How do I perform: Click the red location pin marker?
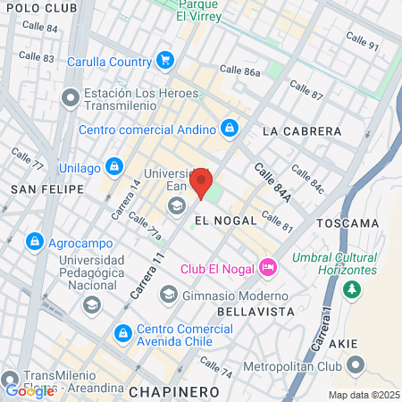tap(202, 186)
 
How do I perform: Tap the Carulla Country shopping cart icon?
tap(164, 61)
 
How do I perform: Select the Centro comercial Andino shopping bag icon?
tap(230, 128)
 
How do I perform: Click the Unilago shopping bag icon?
tap(113, 166)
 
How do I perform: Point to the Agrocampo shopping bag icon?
tap(34, 240)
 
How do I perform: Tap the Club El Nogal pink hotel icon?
tap(266, 267)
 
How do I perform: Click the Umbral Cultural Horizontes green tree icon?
tap(353, 289)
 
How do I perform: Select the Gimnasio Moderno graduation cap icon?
tap(168, 295)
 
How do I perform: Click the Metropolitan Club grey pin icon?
tap(356, 364)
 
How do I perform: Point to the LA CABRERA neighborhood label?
tap(297, 130)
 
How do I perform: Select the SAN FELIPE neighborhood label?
tap(46, 188)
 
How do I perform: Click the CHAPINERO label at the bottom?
tap(173, 391)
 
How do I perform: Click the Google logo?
tap(29, 390)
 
